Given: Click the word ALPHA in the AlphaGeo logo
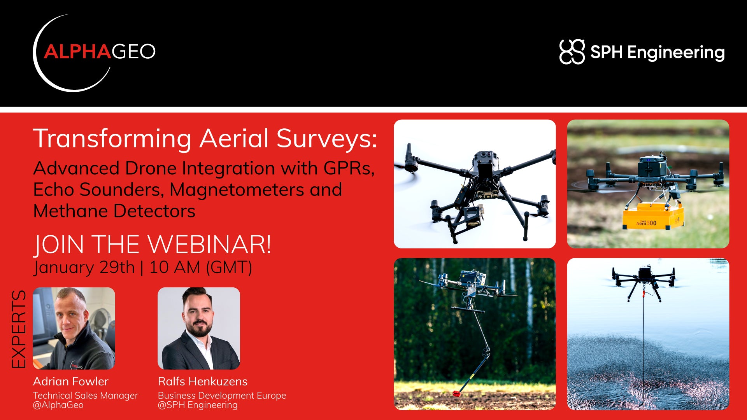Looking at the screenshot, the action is (78, 52).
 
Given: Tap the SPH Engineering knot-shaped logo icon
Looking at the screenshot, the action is (572, 52).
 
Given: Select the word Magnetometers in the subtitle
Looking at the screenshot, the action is (237, 190).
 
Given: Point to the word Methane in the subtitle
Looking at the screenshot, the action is (71, 211).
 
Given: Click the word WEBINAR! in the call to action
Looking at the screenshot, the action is (210, 245).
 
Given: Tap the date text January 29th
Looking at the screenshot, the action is (84, 268).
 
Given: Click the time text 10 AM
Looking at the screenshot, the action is (175, 268).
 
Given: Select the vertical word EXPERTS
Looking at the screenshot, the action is (18, 329).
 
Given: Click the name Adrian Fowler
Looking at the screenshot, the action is (71, 381).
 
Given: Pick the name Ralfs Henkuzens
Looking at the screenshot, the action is (203, 381).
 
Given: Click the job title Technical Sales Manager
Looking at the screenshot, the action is (86, 395).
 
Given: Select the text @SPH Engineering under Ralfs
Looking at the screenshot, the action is (198, 405).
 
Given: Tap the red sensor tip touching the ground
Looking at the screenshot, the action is (456, 394).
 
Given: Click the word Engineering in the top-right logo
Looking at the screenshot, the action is (676, 52).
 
